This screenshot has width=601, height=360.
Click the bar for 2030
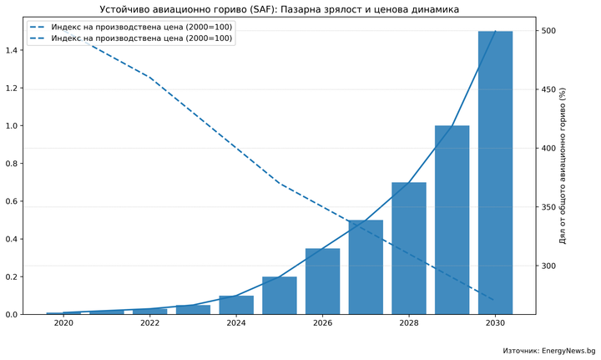pyautogui.click(x=495, y=173)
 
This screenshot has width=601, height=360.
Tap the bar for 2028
pyautogui.click(x=409, y=248)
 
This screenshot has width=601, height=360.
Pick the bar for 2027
pyautogui.click(x=366, y=267)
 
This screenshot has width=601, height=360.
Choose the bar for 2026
pyautogui.click(x=322, y=281)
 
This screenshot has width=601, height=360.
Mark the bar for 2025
pyautogui.click(x=280, y=296)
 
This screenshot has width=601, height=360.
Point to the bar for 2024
pyautogui.click(x=236, y=305)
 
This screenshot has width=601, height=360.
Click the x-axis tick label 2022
pyautogui.click(x=150, y=323)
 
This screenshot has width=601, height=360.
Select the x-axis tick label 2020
pyautogui.click(x=63, y=323)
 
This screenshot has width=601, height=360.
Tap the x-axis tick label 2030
pyautogui.click(x=495, y=323)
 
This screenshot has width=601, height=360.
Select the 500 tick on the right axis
pyautogui.click(x=548, y=31)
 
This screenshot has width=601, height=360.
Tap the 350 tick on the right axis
pyautogui.click(x=548, y=207)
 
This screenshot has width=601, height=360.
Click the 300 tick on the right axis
pyautogui.click(x=548, y=266)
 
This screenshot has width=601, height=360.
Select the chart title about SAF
pyautogui.click(x=280, y=9)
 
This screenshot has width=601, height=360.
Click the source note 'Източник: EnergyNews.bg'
pyautogui.click(x=548, y=351)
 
